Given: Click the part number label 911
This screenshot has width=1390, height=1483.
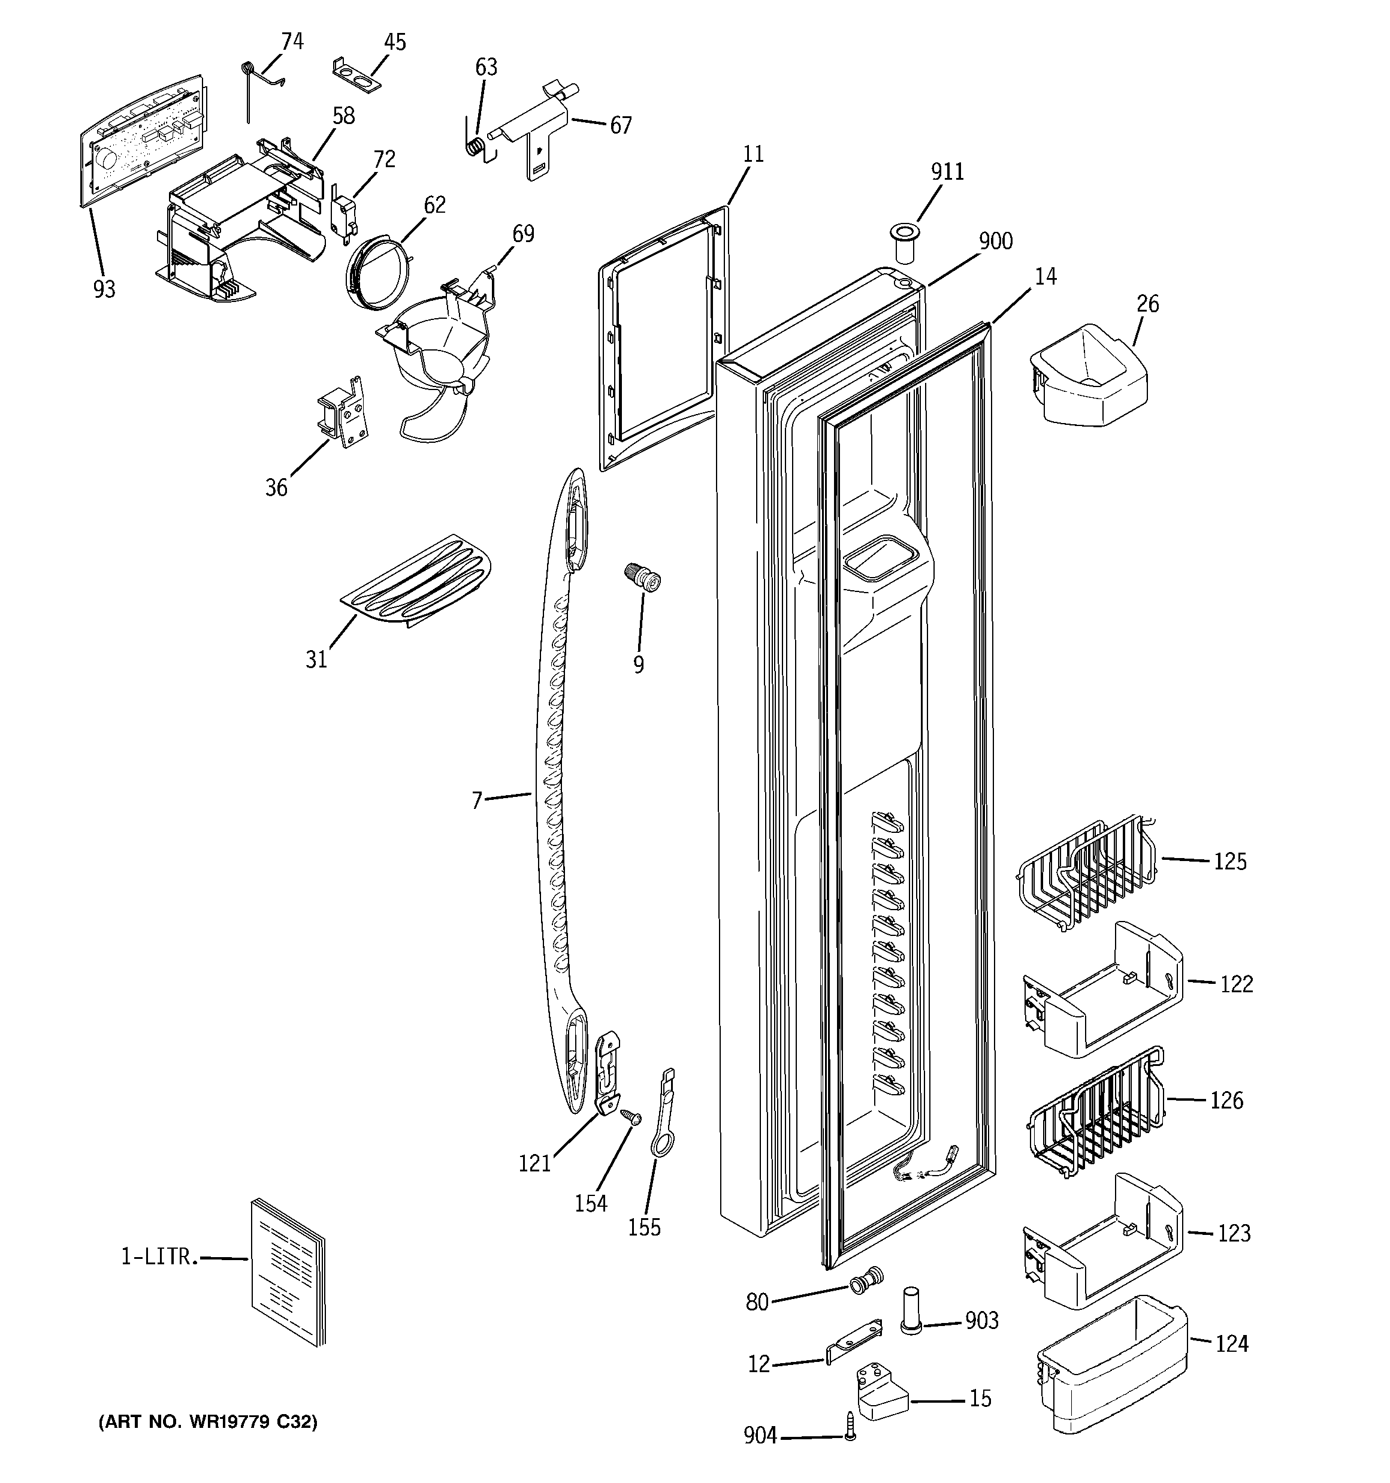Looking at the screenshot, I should (947, 173).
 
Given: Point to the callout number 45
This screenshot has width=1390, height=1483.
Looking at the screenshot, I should (395, 43).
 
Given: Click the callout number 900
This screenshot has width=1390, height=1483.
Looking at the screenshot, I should (995, 241).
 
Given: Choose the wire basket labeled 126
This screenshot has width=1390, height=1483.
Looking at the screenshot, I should (1093, 1112).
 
